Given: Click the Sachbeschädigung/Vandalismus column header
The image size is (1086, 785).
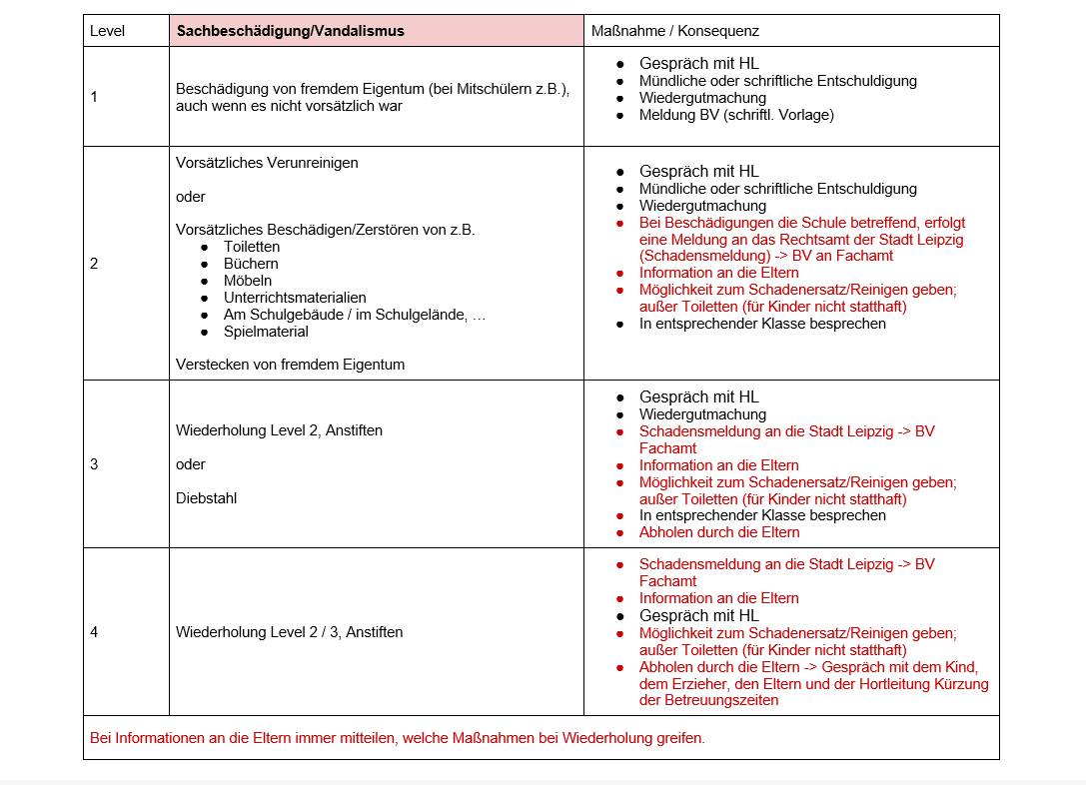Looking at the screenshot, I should coord(291,31).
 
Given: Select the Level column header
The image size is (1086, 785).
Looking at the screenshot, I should coord(108,31).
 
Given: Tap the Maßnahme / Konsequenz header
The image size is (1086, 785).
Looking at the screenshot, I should coord(675,31).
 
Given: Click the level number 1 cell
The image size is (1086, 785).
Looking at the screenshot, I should coord(94,97).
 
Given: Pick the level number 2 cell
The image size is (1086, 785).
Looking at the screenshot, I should coord(94,264).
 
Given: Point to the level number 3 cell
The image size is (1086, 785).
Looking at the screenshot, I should coord(94,464).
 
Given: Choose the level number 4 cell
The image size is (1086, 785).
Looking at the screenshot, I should coord(94,632).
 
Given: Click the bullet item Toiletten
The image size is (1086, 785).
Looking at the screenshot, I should coord(252,247).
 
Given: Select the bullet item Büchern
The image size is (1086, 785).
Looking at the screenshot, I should coord(251,264).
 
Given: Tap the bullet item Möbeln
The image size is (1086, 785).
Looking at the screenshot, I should coord(248,281).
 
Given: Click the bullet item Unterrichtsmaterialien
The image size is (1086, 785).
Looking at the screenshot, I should coord(295,298).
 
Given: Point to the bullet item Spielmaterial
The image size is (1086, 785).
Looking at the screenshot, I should coord(266,332).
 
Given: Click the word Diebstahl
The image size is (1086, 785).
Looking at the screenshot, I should coord(207,498).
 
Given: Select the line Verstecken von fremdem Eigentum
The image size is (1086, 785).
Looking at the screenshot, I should coord(291,365).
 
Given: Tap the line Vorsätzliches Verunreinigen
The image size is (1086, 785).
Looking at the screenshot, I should coord(267,163).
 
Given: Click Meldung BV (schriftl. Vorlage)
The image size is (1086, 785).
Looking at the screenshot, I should coord(736,115).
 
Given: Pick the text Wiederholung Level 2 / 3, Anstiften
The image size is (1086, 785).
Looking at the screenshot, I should coord(290,632).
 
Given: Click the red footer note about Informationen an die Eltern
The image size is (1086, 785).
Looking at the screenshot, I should coord(398,739).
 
